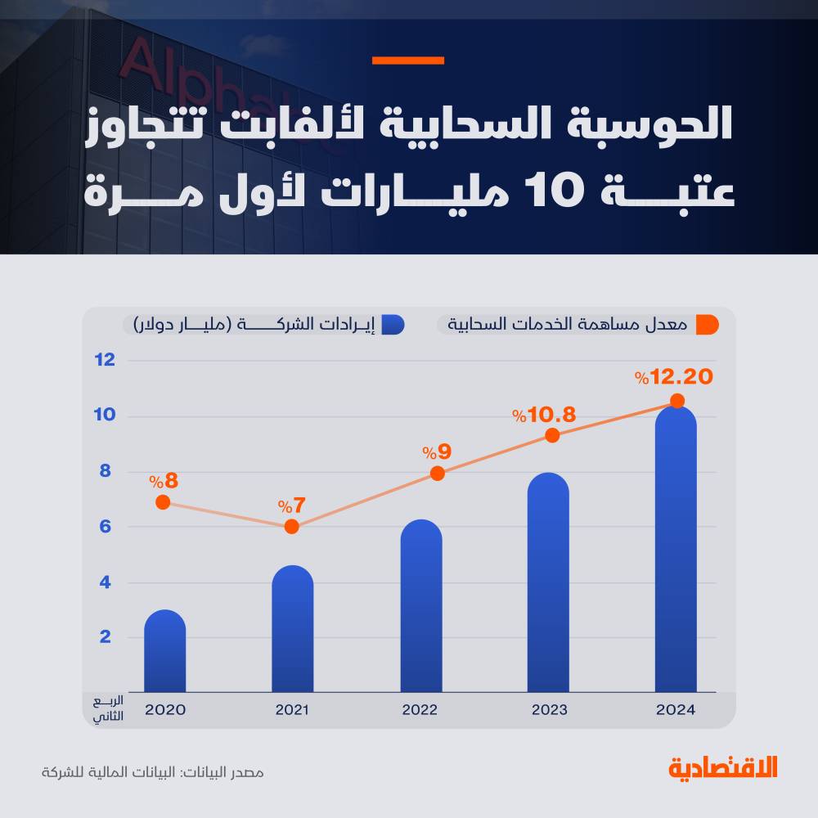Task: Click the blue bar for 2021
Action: coord(292,630)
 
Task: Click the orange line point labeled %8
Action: coord(163,502)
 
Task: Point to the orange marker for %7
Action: coord(291,527)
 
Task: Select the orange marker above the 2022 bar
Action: coord(437,473)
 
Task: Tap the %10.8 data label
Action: coord(544,415)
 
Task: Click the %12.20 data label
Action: coord(674,377)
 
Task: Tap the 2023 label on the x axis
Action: coord(549,709)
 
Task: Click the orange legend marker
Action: coord(706,324)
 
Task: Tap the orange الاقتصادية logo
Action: coord(723,769)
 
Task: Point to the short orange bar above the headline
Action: coord(407,61)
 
